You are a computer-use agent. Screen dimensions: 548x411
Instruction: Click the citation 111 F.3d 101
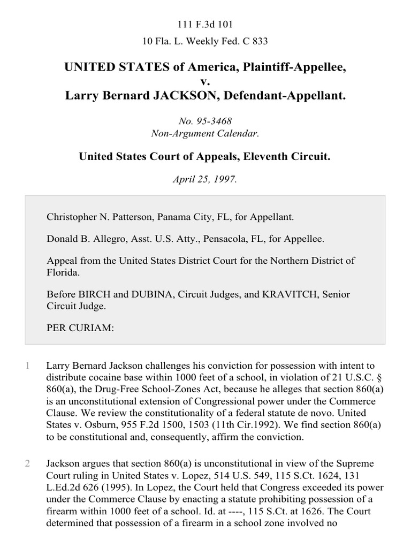click(205, 25)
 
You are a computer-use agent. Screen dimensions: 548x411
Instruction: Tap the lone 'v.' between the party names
click(205, 81)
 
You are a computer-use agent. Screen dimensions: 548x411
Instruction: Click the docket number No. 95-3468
click(205, 121)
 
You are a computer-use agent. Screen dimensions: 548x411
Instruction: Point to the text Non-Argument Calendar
click(205, 133)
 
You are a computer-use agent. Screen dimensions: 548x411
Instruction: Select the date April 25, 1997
click(205, 179)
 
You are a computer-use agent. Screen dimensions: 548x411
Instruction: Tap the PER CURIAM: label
click(80, 329)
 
